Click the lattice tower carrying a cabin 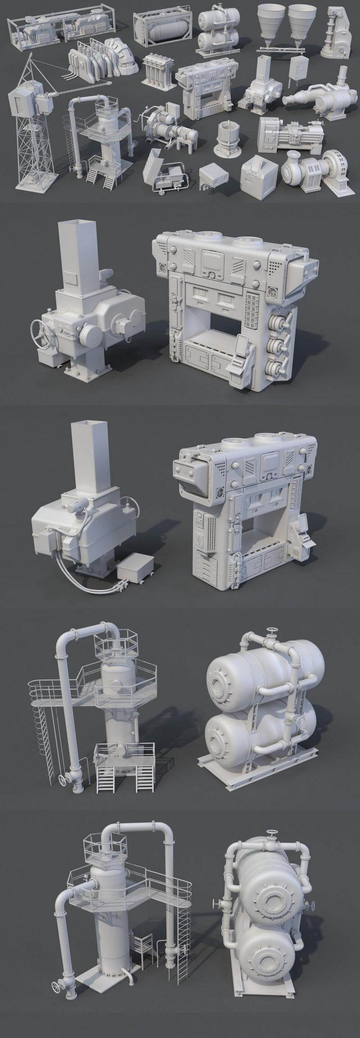[x=34, y=131]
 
